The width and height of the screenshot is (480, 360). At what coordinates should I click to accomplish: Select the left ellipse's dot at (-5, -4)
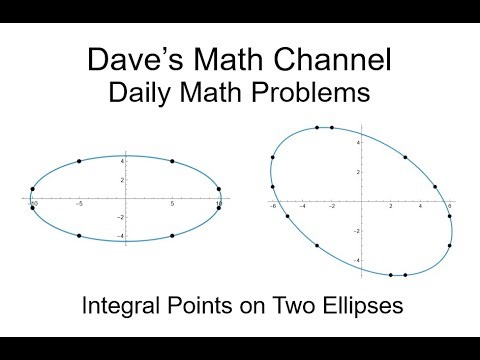[79, 236]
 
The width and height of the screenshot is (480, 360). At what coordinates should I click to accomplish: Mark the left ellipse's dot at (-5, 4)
[79, 161]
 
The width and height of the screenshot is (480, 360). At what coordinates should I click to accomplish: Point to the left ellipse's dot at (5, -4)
[172, 236]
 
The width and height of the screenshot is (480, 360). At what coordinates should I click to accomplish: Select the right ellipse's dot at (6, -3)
[450, 245]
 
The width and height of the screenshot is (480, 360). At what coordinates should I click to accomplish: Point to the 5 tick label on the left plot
[172, 205]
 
